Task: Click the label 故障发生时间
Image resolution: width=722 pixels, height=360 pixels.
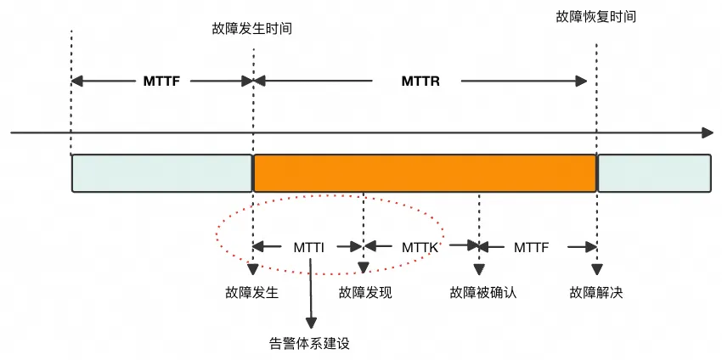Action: [252, 29]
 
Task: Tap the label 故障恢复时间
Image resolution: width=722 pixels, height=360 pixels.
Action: [595, 17]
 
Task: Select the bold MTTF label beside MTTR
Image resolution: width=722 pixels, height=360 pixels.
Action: [161, 82]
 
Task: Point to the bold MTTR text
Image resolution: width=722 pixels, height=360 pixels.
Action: [420, 82]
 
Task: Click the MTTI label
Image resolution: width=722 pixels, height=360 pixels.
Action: [309, 248]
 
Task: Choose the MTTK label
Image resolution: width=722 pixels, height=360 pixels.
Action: [420, 248]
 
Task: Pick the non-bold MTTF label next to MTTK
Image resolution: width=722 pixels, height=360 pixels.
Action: [532, 248]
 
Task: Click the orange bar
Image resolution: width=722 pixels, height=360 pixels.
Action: [425, 173]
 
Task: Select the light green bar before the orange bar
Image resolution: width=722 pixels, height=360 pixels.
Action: [162, 173]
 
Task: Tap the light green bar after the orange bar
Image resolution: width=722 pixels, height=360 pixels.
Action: [654, 173]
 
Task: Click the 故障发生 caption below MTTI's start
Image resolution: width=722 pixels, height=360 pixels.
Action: [252, 293]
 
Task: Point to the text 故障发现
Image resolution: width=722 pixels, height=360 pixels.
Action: [365, 293]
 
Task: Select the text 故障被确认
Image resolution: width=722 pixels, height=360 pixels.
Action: [483, 293]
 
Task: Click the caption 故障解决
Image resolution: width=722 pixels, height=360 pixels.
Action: [596, 293]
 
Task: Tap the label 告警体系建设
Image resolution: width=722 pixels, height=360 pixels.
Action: [309, 344]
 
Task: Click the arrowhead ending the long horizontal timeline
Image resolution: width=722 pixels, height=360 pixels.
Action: [708, 133]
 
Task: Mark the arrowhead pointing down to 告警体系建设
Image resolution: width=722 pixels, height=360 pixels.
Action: [311, 323]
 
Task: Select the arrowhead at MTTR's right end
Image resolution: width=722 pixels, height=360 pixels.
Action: [581, 82]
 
